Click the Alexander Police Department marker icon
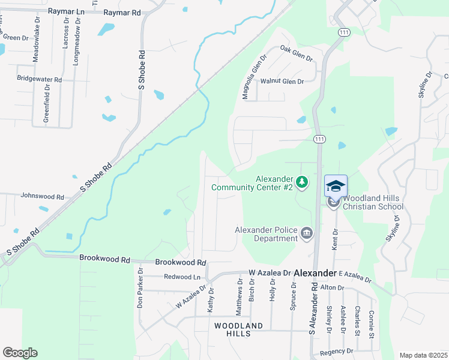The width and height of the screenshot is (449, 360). pyautogui.click(x=307, y=233)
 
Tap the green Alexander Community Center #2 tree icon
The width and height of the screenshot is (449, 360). pyautogui.click(x=303, y=181)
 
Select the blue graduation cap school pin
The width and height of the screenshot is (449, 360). pyautogui.click(x=336, y=186)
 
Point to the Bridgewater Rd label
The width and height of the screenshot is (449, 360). pyautogui.click(x=40, y=79)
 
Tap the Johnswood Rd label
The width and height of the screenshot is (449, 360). pyautogui.click(x=42, y=196)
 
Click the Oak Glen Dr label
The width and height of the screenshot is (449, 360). pyautogui.click(x=297, y=55)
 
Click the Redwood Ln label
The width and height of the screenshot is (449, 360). pyautogui.click(x=182, y=277)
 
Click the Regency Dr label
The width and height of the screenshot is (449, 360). pyautogui.click(x=337, y=351)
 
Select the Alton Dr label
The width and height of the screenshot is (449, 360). pyautogui.click(x=331, y=288)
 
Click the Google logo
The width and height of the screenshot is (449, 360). pyautogui.click(x=20, y=353)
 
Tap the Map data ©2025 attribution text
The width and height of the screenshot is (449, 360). pyautogui.click(x=423, y=355)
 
